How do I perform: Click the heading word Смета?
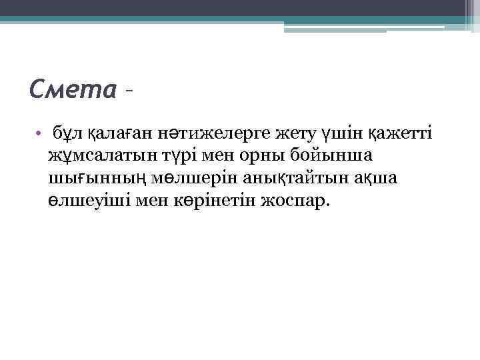[74, 88]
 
